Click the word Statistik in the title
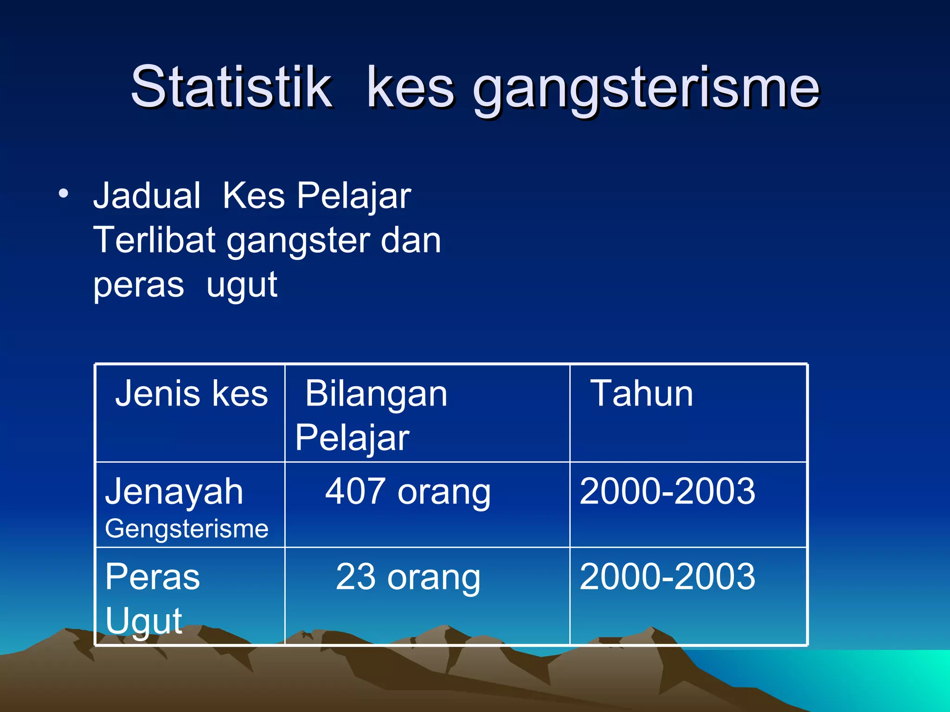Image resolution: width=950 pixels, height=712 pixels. (x=231, y=87)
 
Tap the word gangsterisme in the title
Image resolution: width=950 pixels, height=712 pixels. (x=646, y=88)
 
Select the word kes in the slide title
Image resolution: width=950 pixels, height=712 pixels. (x=410, y=88)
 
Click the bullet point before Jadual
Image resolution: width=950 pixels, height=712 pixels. (x=64, y=193)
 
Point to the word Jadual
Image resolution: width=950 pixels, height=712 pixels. (x=147, y=196)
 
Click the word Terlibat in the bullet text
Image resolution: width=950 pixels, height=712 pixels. (x=154, y=240)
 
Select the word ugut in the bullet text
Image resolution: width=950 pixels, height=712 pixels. (x=242, y=285)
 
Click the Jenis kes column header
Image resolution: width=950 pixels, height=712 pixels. (x=191, y=394)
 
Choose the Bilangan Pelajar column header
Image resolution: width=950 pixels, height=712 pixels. (x=371, y=415)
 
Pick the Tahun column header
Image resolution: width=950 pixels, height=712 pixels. (x=642, y=394)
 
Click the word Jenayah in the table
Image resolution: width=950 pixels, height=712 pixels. (x=174, y=491)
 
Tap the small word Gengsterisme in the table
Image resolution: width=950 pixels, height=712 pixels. (x=186, y=528)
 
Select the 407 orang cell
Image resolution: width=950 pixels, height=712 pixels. (x=407, y=491)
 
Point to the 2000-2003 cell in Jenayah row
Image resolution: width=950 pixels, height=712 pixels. (x=667, y=491)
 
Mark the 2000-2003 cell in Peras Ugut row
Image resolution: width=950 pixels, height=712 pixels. (x=667, y=577)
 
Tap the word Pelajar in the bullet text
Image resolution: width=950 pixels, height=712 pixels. (x=353, y=196)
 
